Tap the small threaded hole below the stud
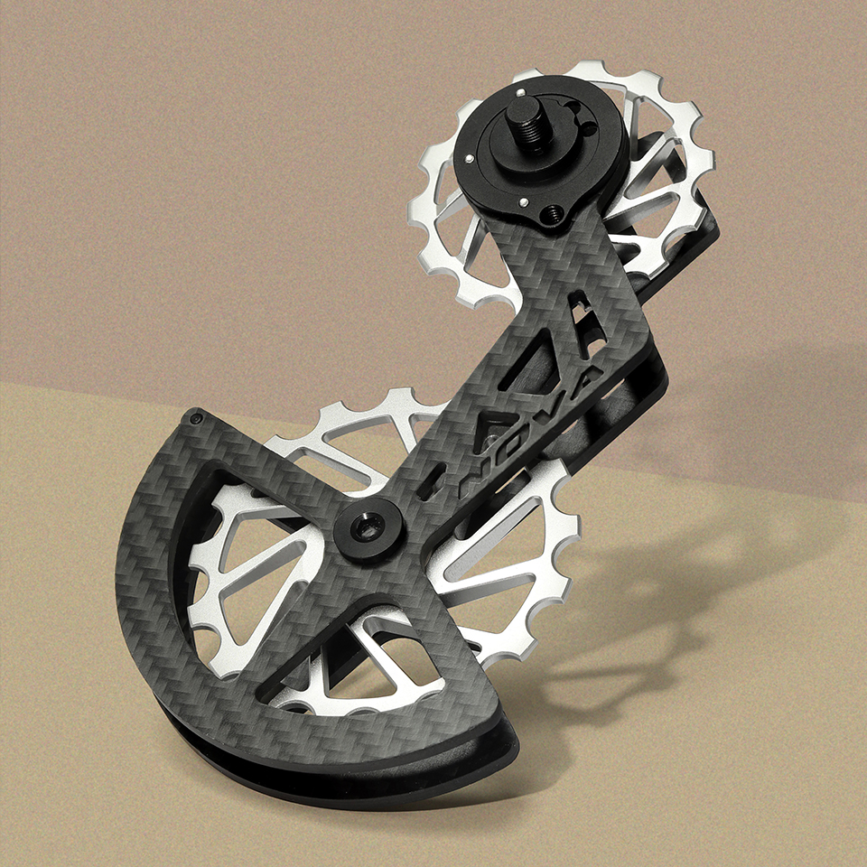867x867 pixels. (x=552, y=212)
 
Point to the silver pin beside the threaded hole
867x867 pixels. (x=523, y=202)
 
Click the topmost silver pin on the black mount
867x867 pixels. (x=520, y=92)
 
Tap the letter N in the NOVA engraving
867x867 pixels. (x=477, y=473)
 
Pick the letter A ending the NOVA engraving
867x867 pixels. (x=583, y=381)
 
